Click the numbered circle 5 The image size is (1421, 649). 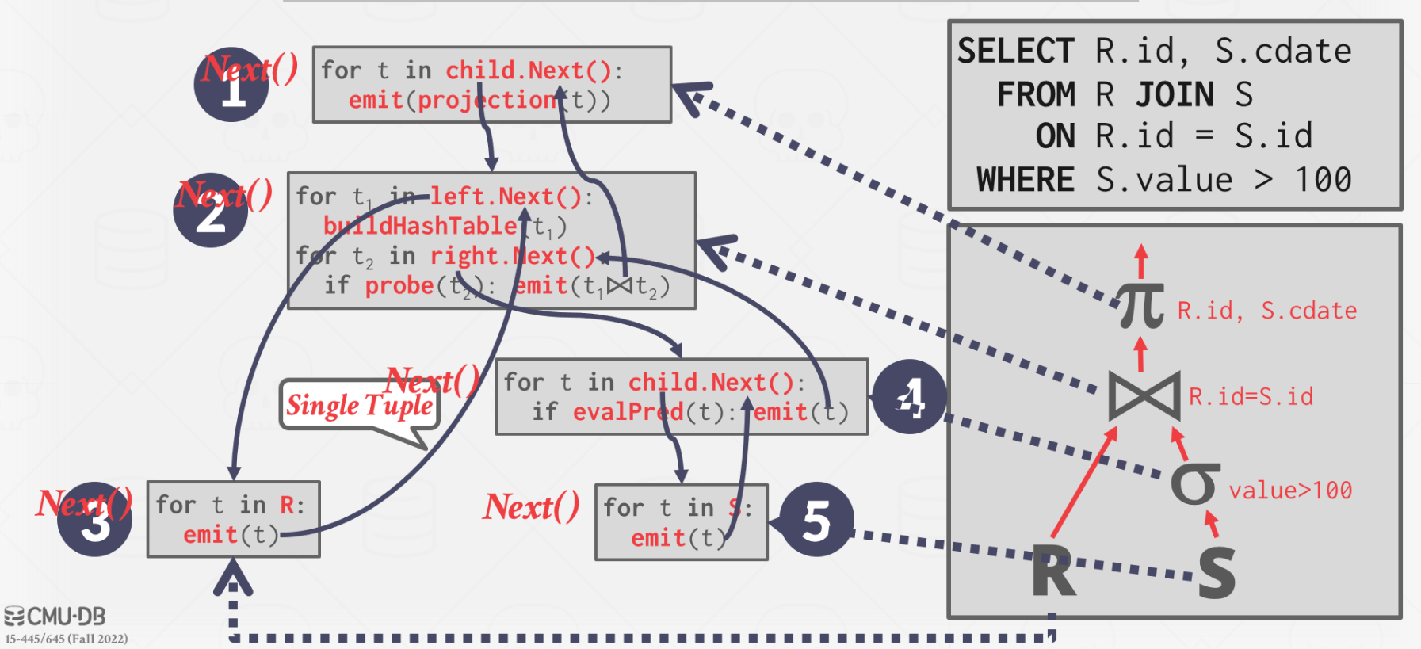pyautogui.click(x=816, y=521)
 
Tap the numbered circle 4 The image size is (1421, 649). pyautogui.click(x=909, y=396)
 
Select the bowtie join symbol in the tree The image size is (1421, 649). pyautogui.click(x=1144, y=395)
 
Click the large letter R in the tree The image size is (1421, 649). pyautogui.click(x=1053, y=572)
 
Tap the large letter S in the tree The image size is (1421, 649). pyautogui.click(x=1216, y=572)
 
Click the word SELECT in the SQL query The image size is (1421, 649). pyautogui.click(x=1015, y=52)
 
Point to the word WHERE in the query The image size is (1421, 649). pyautogui.click(x=1025, y=180)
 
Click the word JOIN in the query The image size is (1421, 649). pyautogui.click(x=1175, y=95)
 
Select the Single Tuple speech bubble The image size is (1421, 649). pyautogui.click(x=360, y=405)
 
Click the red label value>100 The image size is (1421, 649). pyautogui.click(x=1289, y=491)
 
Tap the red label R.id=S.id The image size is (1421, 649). pyautogui.click(x=1251, y=396)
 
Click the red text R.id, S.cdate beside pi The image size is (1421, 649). pyautogui.click(x=1266, y=311)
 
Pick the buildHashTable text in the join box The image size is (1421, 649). pyautogui.click(x=420, y=226)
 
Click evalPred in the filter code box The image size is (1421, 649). pyautogui.click(x=628, y=412)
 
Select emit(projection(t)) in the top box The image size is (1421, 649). pyautogui.click(x=479, y=101)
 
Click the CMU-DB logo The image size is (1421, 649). pyautogui.click(x=55, y=617)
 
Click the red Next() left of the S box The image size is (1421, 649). pyautogui.click(x=531, y=507)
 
